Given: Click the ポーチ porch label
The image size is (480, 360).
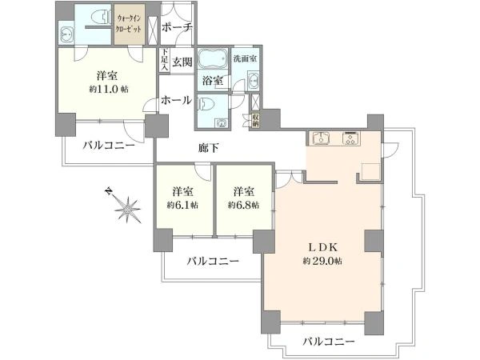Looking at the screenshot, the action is (x=177, y=27).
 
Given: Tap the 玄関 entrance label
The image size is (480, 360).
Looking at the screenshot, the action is (x=182, y=62).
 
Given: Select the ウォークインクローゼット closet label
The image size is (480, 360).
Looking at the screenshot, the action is (x=130, y=24).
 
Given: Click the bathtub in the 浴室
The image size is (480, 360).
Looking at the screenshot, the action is (x=213, y=58).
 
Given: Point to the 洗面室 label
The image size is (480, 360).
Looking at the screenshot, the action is (x=245, y=58).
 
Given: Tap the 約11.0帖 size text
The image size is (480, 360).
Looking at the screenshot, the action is (x=109, y=90).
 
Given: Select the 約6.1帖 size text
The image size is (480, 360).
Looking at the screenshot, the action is (x=182, y=205).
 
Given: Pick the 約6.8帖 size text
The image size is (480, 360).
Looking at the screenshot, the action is (x=243, y=205).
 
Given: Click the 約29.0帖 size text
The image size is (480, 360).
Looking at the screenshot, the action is (x=322, y=261).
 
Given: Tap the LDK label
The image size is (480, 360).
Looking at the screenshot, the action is (x=322, y=247).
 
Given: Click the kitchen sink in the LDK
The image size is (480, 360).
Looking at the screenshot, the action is (x=321, y=138).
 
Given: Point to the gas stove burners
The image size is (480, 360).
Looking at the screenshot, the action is (x=351, y=138).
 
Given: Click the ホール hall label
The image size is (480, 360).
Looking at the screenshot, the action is (x=176, y=100).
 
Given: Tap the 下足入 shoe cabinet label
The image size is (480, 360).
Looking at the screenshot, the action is (x=165, y=60).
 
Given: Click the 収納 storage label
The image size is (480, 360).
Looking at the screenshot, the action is (x=255, y=121).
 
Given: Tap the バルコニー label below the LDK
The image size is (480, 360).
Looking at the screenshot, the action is (x=329, y=342).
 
